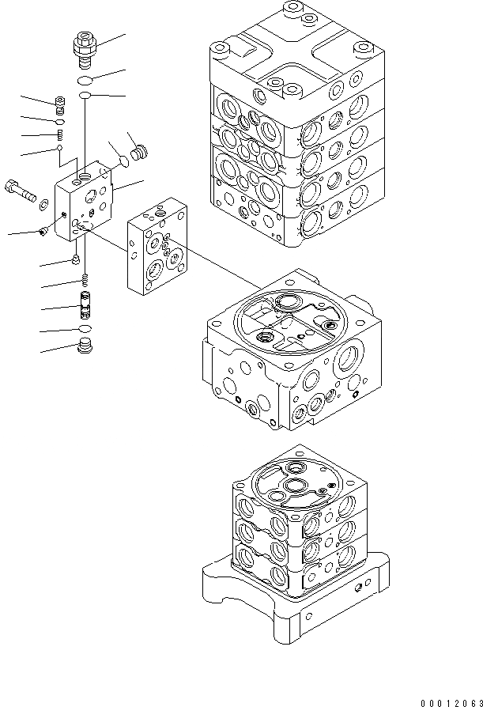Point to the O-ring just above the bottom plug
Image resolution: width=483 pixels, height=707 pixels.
[x=84, y=327]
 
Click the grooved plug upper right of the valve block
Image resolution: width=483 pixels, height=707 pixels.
[x=140, y=153]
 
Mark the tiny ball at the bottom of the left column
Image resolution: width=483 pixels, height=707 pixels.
[x=59, y=148]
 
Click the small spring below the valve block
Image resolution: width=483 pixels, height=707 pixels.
[x=84, y=279]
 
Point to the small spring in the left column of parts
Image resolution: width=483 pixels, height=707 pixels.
[x=59, y=133]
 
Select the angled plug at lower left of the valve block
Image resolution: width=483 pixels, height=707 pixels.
[x=43, y=231]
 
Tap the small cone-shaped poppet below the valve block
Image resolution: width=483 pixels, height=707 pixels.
[x=76, y=259]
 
